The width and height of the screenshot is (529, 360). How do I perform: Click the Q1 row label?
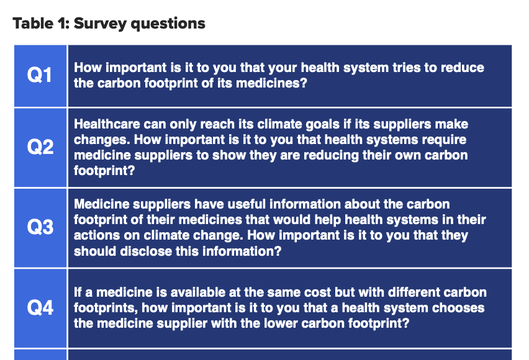pos(40,75)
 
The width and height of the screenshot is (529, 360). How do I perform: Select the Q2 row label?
pos(40,147)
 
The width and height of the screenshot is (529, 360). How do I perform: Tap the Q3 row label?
pos(40,227)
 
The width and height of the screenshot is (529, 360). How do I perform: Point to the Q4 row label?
pos(40,308)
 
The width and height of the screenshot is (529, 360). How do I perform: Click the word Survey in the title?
pos(100,24)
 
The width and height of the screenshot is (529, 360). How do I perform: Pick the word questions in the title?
pos(168,24)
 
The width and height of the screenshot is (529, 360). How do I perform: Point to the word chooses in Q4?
pos(458,308)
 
